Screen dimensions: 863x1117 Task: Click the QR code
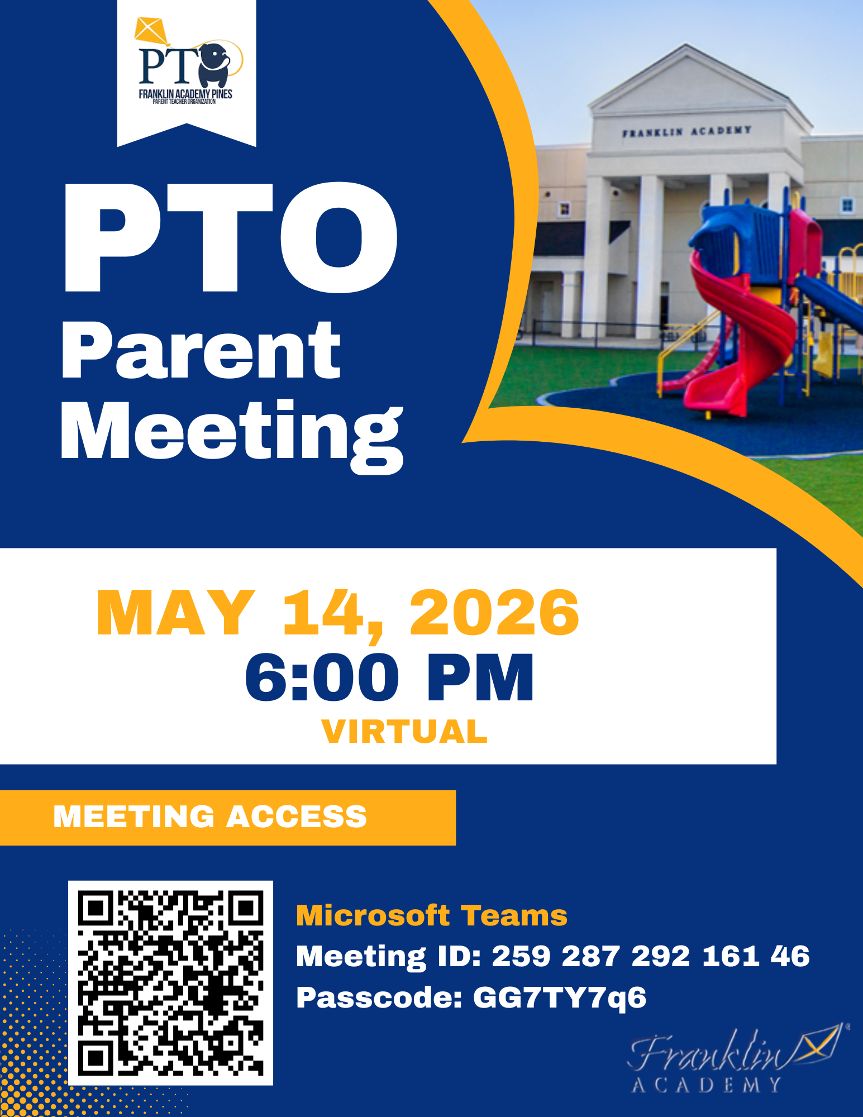pos(170,983)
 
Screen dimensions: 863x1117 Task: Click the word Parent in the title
pos(201,351)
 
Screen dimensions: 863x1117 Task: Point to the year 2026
pos(495,613)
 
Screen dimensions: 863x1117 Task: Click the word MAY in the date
pos(175,613)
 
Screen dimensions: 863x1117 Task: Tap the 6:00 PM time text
pos(389,677)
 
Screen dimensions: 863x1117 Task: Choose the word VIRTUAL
pos(404,732)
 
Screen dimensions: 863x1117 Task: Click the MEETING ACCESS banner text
pos(210,817)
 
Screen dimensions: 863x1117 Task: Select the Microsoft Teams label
pos(431,916)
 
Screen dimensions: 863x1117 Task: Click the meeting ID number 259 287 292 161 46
pos(651,956)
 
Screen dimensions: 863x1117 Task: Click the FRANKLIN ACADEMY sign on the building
pos(686,131)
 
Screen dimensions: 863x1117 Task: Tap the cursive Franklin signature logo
pos(735,1049)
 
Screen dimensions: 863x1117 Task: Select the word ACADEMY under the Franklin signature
pos(707,1085)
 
